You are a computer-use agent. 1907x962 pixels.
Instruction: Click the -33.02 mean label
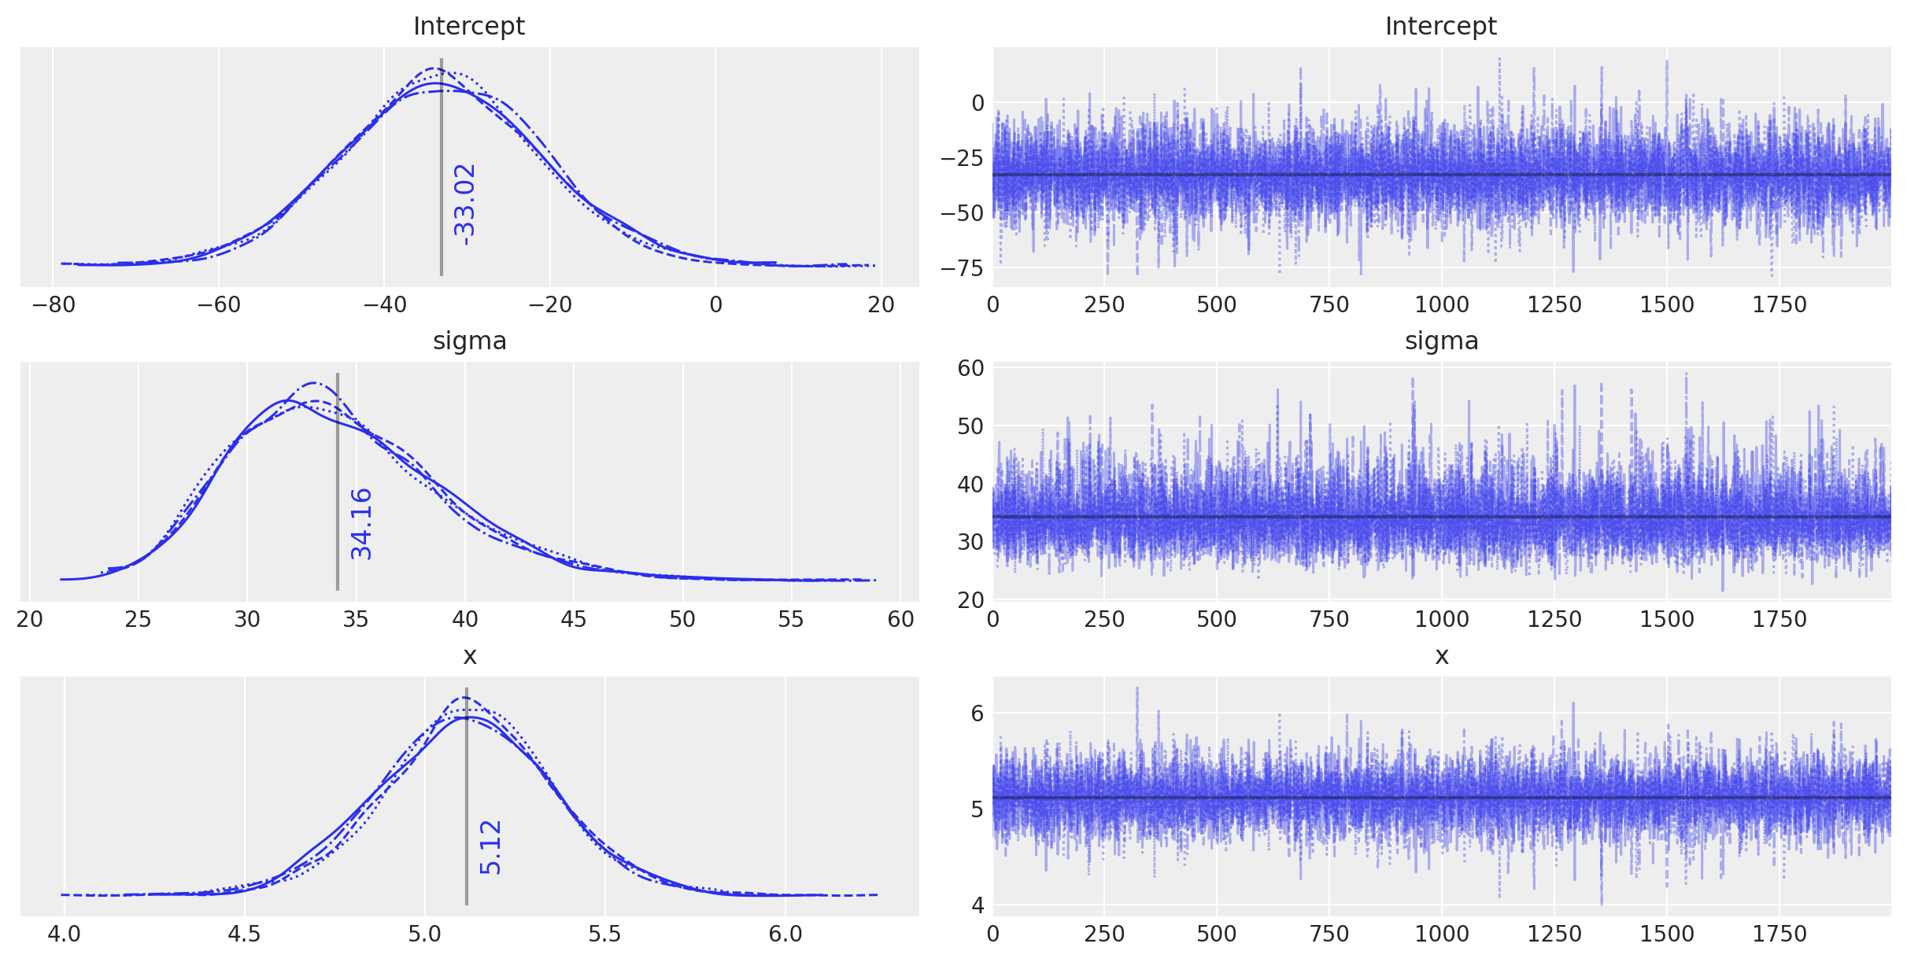click(464, 204)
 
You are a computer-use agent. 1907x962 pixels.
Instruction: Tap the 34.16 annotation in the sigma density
click(361, 524)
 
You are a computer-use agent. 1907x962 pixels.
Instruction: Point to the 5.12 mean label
click(490, 847)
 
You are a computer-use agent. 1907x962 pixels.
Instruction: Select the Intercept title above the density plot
click(468, 26)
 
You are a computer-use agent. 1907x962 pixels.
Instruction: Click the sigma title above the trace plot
click(1441, 341)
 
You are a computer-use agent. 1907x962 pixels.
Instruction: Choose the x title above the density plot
click(470, 655)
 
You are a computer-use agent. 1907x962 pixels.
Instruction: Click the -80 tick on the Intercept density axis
click(54, 304)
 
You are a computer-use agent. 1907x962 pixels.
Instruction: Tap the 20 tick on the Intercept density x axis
click(881, 304)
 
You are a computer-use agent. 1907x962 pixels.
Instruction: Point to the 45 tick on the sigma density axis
click(574, 619)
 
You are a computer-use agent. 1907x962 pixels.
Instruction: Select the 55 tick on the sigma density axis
click(791, 619)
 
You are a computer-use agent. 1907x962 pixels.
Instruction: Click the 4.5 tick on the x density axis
click(244, 934)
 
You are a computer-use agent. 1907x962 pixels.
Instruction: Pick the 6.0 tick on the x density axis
click(785, 934)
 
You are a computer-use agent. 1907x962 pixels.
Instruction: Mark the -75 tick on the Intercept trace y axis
click(962, 268)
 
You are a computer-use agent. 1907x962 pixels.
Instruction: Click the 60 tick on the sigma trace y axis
click(970, 368)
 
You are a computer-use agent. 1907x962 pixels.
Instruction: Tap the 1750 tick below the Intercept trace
click(1779, 304)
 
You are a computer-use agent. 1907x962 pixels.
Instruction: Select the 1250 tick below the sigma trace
click(1554, 619)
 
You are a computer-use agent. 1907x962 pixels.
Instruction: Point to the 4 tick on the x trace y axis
click(978, 905)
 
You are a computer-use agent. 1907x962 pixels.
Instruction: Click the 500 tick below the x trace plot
click(1217, 934)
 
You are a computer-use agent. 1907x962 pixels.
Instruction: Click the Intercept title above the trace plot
click(1440, 26)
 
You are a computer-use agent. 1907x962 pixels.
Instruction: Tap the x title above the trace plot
click(1441, 655)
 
